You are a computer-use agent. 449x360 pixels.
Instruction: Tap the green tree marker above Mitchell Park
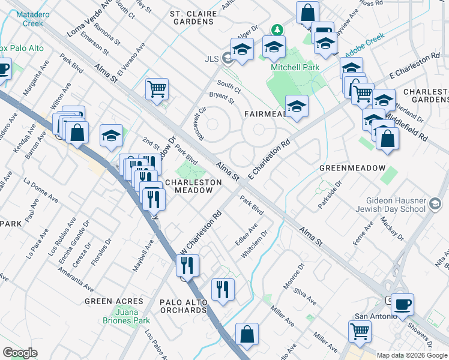277,29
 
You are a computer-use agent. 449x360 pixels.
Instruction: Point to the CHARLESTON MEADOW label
189,186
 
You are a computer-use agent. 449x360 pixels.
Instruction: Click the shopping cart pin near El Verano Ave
157,89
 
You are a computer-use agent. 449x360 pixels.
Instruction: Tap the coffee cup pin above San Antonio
402,304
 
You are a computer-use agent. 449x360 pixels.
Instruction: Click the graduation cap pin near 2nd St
111,136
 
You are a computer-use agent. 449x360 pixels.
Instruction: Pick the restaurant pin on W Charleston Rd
187,265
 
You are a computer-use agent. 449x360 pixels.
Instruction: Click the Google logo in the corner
20,353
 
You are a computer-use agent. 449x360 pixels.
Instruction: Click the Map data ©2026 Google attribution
412,355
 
